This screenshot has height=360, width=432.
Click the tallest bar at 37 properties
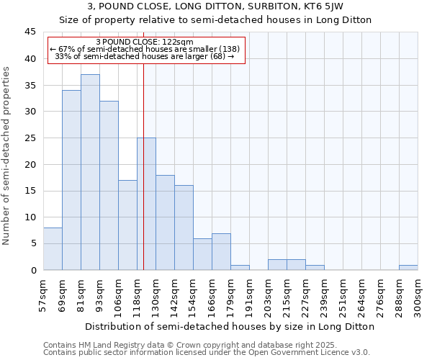90,172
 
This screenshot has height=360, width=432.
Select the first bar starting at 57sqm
53,248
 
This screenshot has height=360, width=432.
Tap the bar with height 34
71,180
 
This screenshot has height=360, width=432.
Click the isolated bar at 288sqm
408,267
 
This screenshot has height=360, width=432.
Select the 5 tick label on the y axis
34,243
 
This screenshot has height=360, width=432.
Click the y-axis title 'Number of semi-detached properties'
7,156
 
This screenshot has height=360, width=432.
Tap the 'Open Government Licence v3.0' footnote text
310,353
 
